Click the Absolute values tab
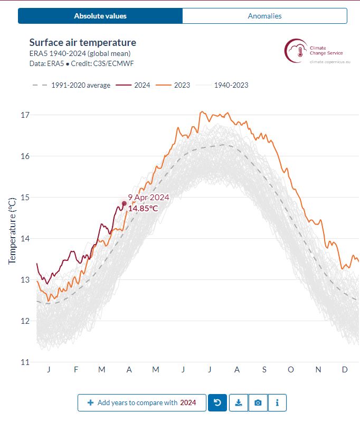pyautogui.click(x=100, y=16)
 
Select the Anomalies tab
pyautogui.click(x=264, y=16)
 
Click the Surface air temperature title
pyautogui.click(x=82, y=43)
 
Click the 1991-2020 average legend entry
pyautogui.click(x=71, y=85)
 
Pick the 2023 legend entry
pyautogui.click(x=175, y=85)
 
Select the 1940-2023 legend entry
pyautogui.click(x=224, y=85)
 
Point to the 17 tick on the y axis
pyautogui.click(x=24, y=115)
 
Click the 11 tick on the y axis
pyautogui.click(x=24, y=362)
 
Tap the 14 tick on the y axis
pyautogui.click(x=24, y=239)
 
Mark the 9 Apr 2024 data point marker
pyautogui.click(x=124, y=203)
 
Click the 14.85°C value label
pyautogui.click(x=143, y=208)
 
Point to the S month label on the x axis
pyautogui.click(x=264, y=370)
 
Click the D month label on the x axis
pyautogui.click(x=345, y=370)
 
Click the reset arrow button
pyautogui.click(x=217, y=402)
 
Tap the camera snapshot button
pyautogui.click(x=258, y=402)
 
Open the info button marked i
pyautogui.click(x=277, y=402)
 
